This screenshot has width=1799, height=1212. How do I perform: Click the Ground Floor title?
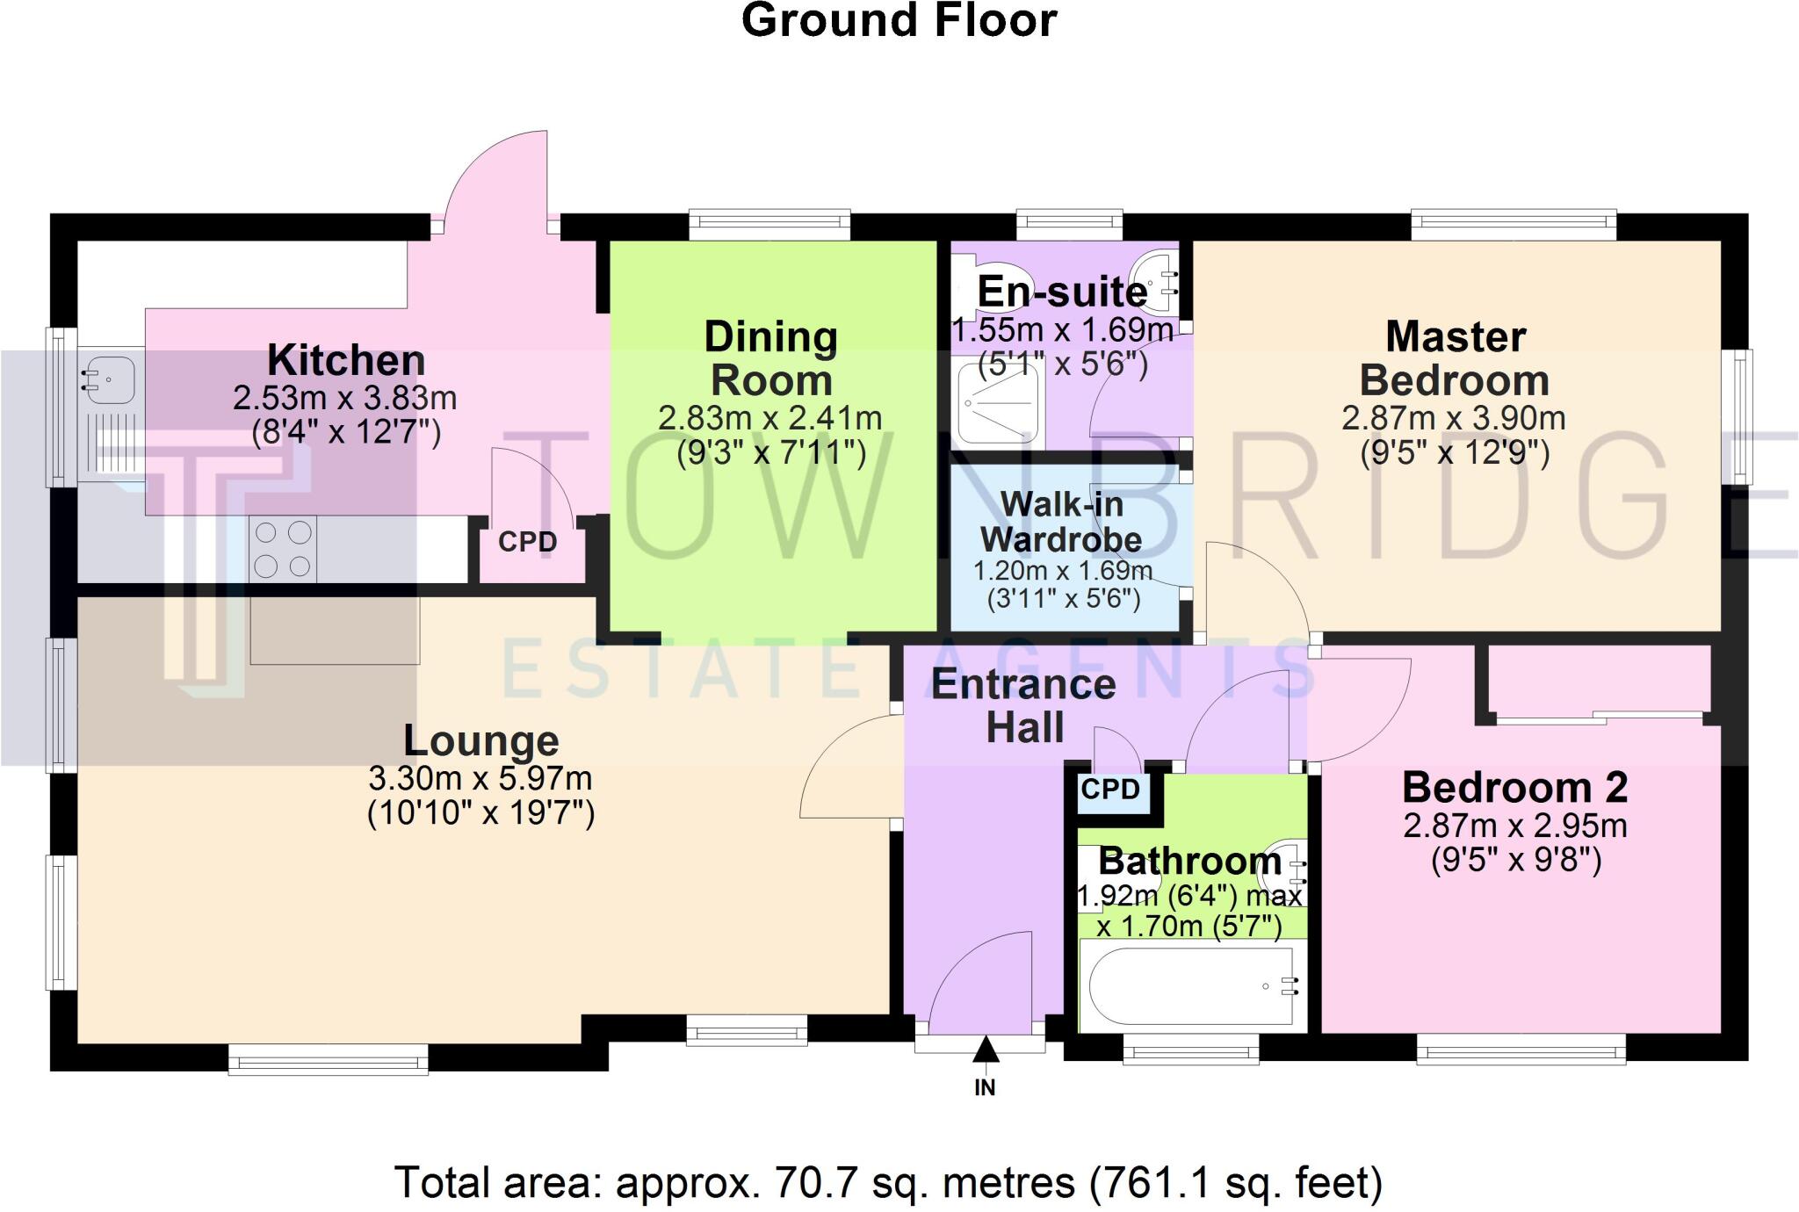tap(899, 21)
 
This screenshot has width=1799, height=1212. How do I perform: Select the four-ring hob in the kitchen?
tap(283, 550)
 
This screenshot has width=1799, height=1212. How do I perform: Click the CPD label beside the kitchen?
tap(527, 542)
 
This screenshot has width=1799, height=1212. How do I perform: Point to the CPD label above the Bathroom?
tap(1110, 790)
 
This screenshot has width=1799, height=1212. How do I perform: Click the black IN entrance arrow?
tap(986, 1050)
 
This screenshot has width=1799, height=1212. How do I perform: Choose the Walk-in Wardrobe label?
tap(1061, 522)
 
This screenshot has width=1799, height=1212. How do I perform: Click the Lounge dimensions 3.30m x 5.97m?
tap(480, 779)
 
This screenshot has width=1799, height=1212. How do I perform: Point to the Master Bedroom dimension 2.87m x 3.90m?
tap(1453, 418)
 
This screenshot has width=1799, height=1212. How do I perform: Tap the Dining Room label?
tap(770, 358)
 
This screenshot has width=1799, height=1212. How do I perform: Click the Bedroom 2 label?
tap(1514, 787)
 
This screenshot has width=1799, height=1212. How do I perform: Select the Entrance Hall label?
tap(1023, 705)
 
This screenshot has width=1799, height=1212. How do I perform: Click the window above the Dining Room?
tap(769, 224)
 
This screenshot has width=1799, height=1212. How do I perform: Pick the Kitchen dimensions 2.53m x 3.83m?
tap(344, 399)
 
